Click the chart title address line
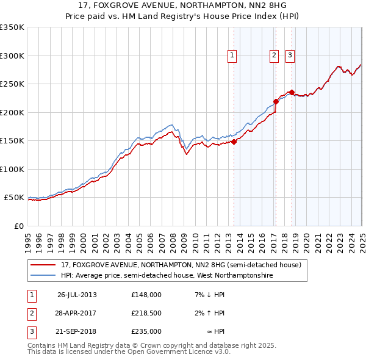[183, 6]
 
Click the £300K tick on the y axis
[12, 56]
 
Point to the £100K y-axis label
[12, 169]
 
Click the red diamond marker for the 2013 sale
[234, 142]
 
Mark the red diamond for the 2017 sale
[276, 102]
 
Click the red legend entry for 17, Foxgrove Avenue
[181, 265]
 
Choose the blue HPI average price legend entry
[167, 276]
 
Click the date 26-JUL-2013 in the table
[77, 295]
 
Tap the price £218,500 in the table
[146, 313]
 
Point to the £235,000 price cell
[146, 331]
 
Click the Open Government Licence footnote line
[129, 352]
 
